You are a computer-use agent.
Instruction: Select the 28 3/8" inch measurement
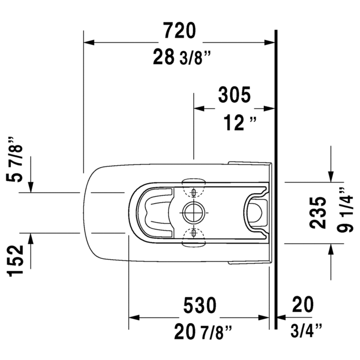click(181, 58)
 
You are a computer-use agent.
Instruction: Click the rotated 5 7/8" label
click(18, 159)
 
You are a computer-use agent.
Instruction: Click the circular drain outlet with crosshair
click(194, 212)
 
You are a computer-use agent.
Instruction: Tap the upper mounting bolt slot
click(194, 193)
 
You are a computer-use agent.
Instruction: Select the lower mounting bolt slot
click(194, 232)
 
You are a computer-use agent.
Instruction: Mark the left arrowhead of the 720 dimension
click(88, 42)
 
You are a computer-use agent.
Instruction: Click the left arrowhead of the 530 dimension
click(133, 318)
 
